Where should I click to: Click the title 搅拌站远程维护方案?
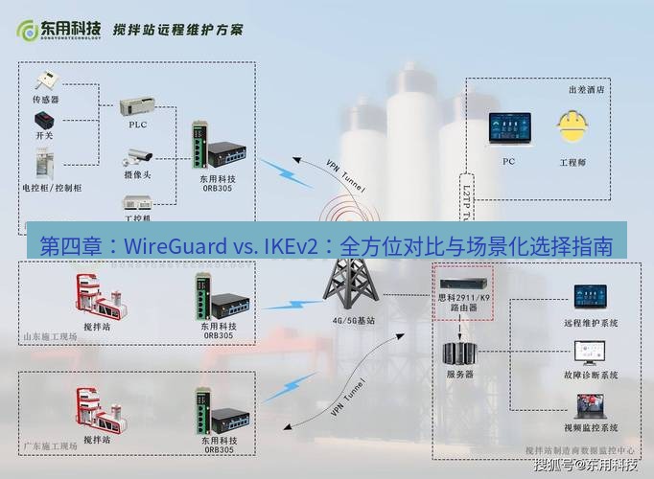177,30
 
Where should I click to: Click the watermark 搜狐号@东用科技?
585,466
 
